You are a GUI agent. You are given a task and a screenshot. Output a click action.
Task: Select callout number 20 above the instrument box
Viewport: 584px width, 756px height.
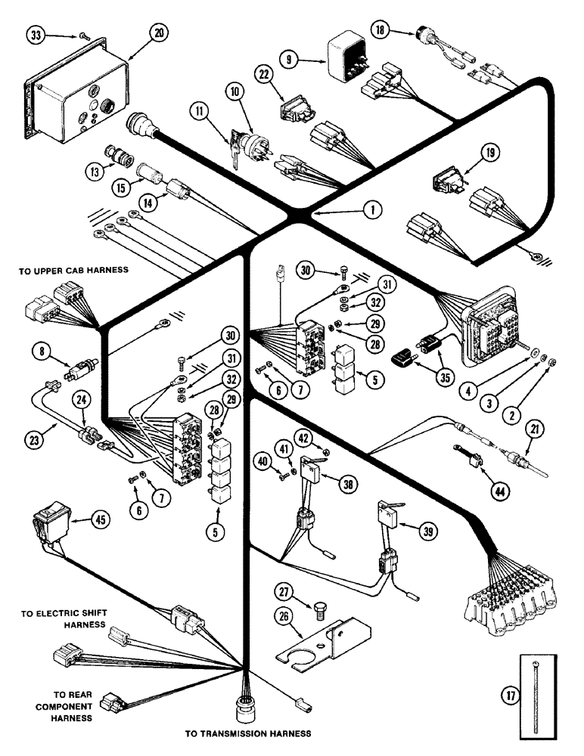pos(159,33)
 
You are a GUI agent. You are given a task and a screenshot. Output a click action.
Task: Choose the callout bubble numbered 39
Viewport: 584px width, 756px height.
pos(428,532)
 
